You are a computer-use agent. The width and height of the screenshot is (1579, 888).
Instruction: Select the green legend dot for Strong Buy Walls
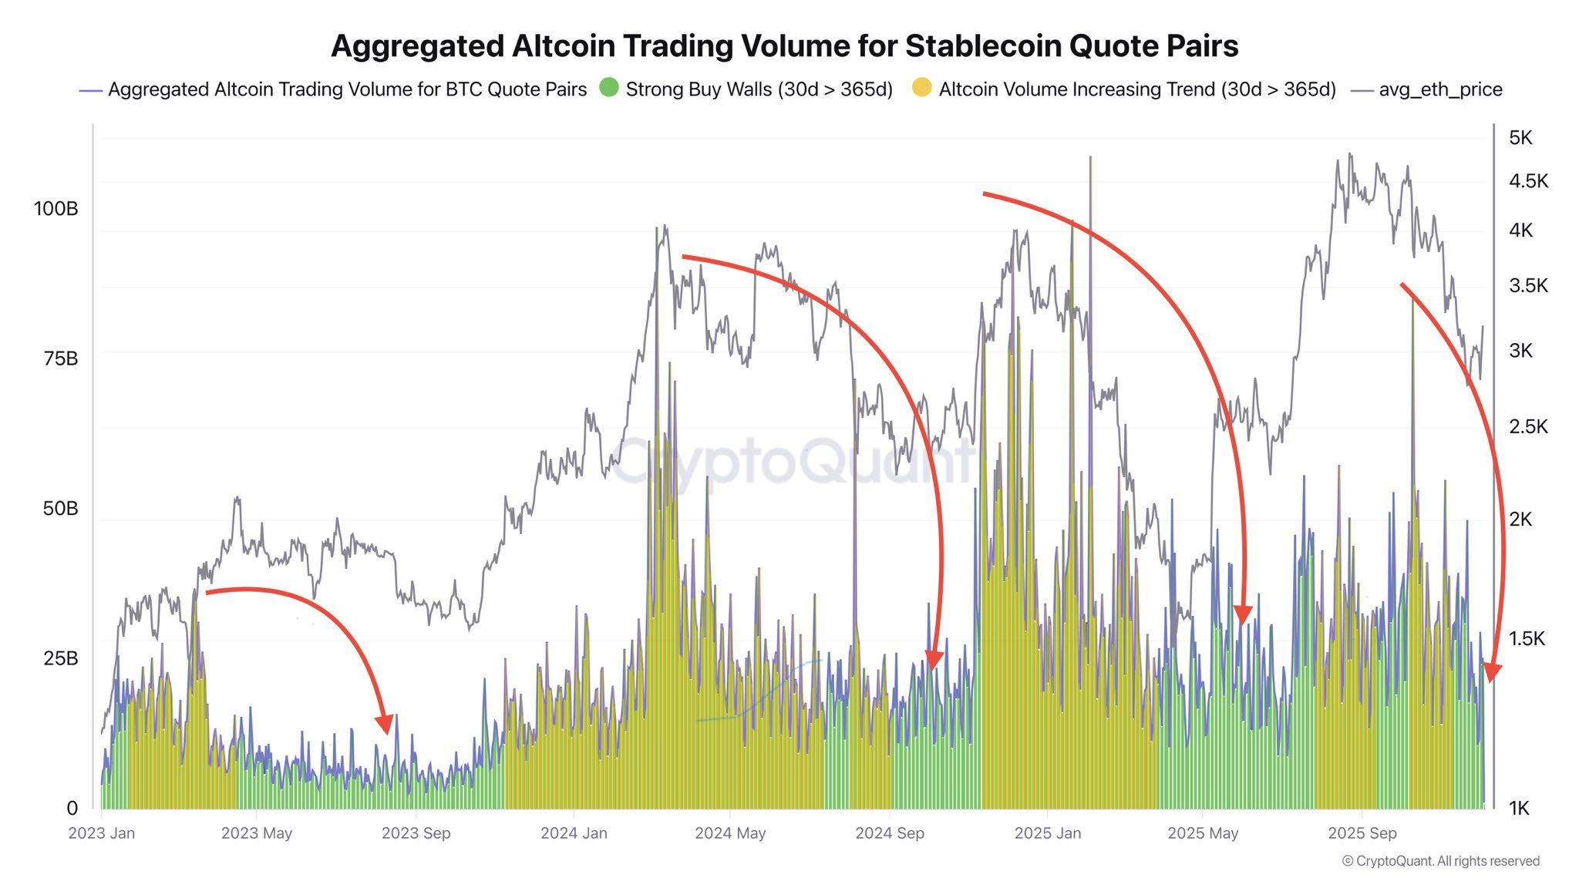[609, 88]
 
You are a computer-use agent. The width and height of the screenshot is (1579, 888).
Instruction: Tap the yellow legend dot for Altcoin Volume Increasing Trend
[921, 88]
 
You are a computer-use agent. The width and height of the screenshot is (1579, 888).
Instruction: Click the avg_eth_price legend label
[1440, 89]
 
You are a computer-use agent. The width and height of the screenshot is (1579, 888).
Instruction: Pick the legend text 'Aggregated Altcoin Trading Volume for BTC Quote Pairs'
[347, 89]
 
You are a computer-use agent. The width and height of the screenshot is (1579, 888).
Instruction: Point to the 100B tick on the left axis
[56, 209]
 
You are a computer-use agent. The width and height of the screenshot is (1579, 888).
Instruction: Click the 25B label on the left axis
[60, 658]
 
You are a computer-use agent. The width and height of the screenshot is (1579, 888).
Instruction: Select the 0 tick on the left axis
[72, 808]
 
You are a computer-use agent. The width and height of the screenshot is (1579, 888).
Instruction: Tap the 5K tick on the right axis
[1520, 138]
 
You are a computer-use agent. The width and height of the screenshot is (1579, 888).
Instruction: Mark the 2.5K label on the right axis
[1528, 426]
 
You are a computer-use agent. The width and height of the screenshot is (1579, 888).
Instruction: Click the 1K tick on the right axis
[1519, 808]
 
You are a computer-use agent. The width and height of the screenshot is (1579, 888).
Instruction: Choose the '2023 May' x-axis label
[257, 833]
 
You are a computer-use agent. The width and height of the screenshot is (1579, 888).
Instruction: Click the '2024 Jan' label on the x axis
[574, 833]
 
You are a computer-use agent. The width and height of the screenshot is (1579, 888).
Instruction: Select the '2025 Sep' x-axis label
[1362, 833]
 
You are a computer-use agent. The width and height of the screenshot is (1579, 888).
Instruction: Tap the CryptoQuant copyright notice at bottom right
[1440, 861]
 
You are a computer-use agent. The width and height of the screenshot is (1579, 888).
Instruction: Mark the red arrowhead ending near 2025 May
[1243, 614]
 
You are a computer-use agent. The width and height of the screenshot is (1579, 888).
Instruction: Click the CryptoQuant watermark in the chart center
[794, 462]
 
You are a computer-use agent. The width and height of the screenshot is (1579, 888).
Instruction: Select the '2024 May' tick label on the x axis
[730, 833]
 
